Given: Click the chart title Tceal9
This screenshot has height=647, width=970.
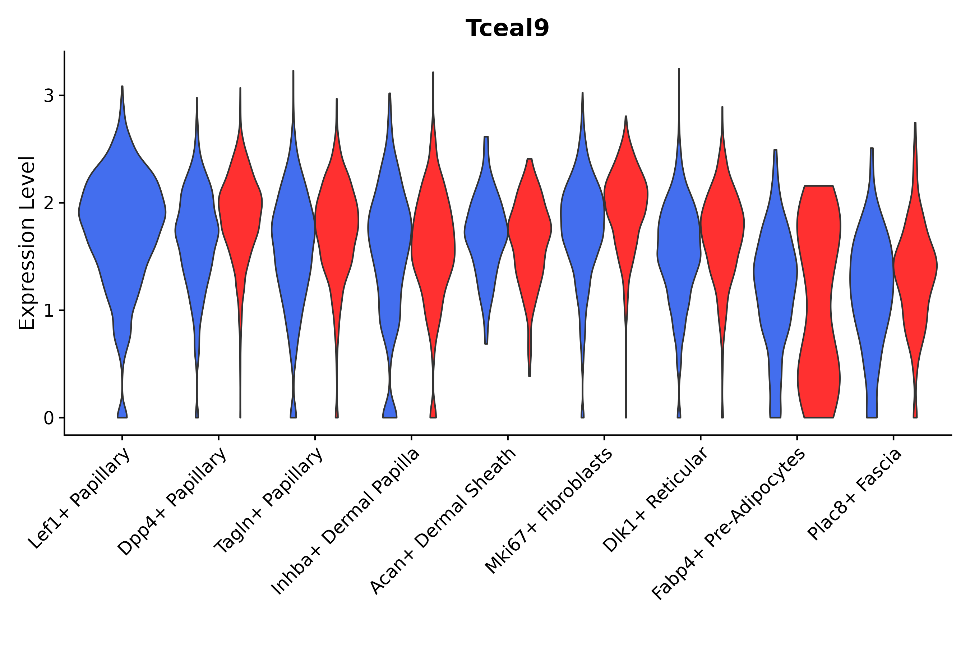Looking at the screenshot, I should (x=507, y=28).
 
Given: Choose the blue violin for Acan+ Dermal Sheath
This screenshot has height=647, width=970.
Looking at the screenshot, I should (x=486, y=231).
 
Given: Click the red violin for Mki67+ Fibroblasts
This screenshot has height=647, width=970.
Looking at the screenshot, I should (x=625, y=198).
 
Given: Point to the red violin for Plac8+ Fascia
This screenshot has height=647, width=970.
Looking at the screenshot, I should (x=915, y=264).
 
